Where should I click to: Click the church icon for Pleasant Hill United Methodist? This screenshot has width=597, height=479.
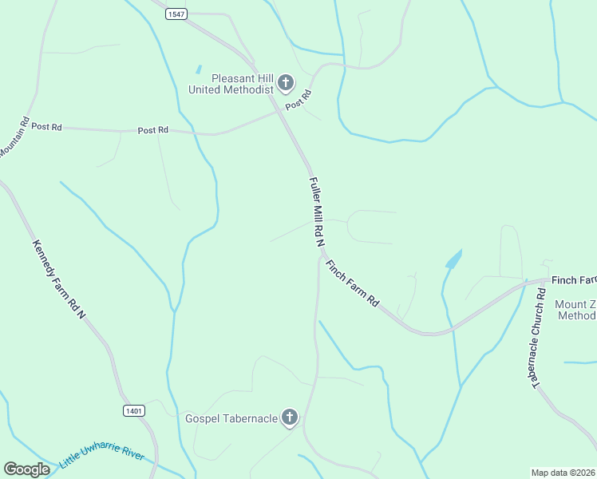pyautogui.click(x=286, y=82)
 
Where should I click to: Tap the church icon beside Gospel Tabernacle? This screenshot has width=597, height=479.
pyautogui.click(x=290, y=418)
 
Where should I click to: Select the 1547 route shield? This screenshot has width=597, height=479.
pyautogui.click(x=176, y=14)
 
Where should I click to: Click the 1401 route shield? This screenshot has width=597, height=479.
pyautogui.click(x=134, y=410)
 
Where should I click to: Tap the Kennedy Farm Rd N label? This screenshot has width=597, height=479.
pyautogui.click(x=59, y=279)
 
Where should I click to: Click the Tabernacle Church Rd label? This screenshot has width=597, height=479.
pyautogui.click(x=540, y=335)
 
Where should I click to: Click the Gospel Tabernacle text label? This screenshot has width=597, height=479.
pyautogui.click(x=231, y=418)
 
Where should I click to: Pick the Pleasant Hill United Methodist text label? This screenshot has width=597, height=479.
pyautogui.click(x=231, y=84)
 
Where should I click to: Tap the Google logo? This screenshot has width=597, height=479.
pyautogui.click(x=26, y=469)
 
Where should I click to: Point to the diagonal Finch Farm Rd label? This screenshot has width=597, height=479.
pyautogui.click(x=351, y=283)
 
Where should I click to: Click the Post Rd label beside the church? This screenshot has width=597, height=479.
pyautogui.click(x=298, y=100)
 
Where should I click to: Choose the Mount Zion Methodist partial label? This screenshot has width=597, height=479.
pyautogui.click(x=575, y=310)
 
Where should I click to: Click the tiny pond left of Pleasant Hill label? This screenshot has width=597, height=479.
pyautogui.click(x=198, y=69)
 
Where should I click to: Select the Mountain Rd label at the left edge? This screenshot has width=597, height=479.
pyautogui.click(x=14, y=137)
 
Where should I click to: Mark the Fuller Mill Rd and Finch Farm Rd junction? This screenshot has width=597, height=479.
pyautogui.click(x=321, y=255)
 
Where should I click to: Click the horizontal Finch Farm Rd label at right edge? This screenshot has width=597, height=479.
pyautogui.click(x=573, y=280)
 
